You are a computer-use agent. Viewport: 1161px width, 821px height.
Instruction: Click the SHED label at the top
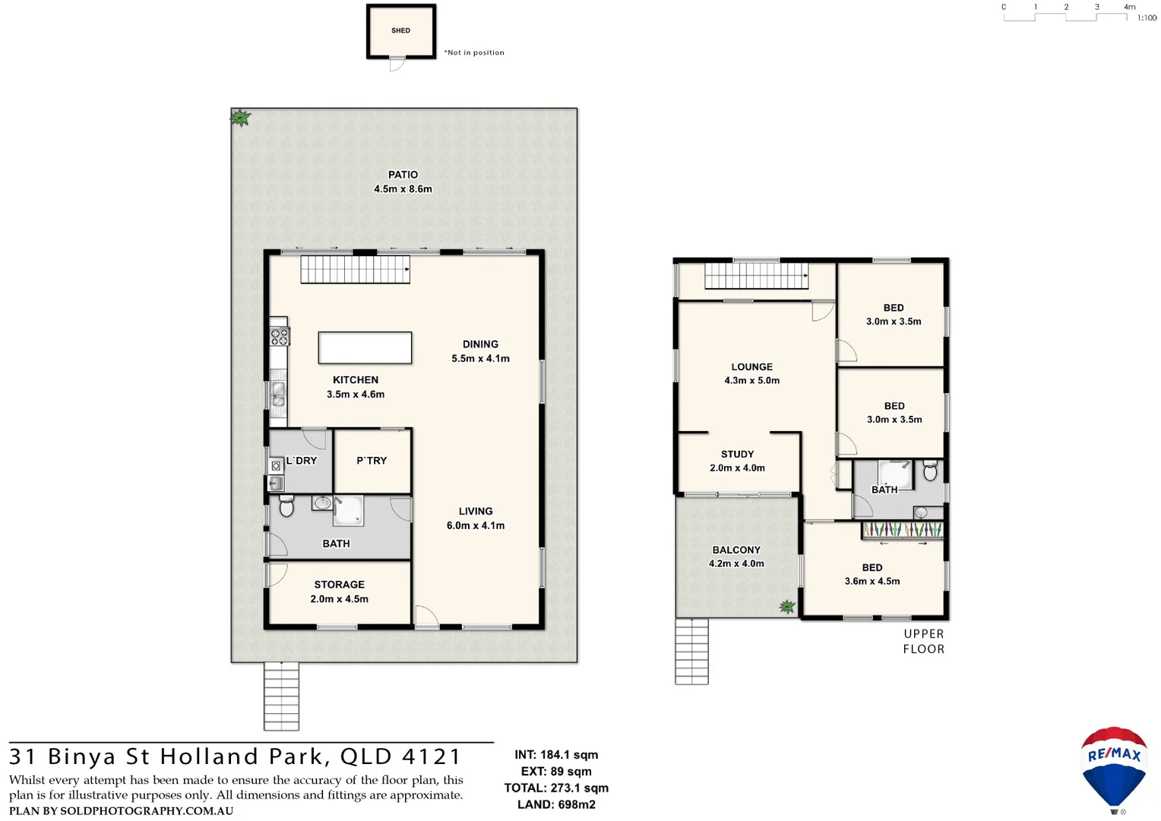[x=400, y=30]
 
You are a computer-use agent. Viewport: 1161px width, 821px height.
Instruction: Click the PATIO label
[x=403, y=175]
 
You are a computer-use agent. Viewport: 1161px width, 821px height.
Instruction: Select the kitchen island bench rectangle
[x=365, y=348]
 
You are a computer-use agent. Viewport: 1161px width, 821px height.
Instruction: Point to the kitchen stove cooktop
[x=279, y=335]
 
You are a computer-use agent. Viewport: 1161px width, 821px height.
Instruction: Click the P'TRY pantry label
[x=372, y=461]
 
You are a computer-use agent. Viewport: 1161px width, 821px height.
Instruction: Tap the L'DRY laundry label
[x=301, y=461]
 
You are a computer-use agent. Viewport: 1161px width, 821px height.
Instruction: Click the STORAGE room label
[x=339, y=585]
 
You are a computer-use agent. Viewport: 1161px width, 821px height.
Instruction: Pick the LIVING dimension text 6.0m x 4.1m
[x=476, y=525]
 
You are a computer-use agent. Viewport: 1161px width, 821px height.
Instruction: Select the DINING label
[x=480, y=344]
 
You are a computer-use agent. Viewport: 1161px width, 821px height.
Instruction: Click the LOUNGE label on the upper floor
[x=751, y=367]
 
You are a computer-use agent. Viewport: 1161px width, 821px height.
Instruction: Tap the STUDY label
[x=737, y=454]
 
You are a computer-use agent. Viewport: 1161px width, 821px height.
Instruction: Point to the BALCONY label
[x=736, y=550]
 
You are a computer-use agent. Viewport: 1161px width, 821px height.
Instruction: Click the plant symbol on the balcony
[x=787, y=607]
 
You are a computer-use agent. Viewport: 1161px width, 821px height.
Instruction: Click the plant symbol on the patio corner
[x=240, y=118]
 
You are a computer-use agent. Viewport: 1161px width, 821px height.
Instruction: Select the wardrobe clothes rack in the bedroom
[x=903, y=530]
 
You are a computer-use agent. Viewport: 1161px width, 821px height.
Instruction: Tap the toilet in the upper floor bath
[x=930, y=471]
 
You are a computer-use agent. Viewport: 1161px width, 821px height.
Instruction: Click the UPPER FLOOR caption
[x=924, y=642]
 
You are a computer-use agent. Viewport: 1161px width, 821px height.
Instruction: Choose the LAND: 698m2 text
[x=556, y=804]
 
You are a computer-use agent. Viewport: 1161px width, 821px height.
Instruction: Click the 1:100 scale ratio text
[x=1147, y=17]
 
